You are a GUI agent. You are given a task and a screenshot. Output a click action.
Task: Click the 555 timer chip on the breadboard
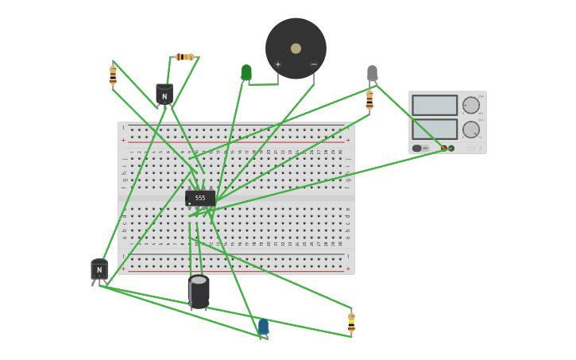(x=200, y=198)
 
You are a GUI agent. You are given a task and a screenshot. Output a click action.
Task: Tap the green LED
(x=246, y=73)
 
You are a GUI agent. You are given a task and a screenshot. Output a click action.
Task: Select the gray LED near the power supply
(x=372, y=74)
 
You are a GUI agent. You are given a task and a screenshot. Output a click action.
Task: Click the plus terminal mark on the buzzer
(x=278, y=64)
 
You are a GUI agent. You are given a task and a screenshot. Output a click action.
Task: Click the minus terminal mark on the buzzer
(x=313, y=64)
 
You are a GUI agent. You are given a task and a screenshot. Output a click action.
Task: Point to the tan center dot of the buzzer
(x=296, y=48)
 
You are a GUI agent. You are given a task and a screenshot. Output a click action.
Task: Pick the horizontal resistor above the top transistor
(x=184, y=57)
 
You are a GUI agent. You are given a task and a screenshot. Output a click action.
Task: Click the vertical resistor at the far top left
(x=113, y=75)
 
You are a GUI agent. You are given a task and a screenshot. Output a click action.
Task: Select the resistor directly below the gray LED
(x=369, y=99)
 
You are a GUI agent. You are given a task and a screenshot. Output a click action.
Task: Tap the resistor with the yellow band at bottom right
(x=351, y=322)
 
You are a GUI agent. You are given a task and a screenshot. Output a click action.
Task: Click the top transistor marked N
(x=164, y=95)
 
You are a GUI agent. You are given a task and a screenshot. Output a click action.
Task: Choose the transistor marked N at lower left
(x=99, y=269)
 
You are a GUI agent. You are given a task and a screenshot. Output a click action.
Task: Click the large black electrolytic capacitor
(x=199, y=292)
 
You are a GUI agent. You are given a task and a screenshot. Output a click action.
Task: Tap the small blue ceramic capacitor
(x=263, y=327)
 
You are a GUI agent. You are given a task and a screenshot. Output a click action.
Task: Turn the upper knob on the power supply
(x=471, y=105)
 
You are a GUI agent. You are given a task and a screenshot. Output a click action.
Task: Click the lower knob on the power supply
(x=471, y=130)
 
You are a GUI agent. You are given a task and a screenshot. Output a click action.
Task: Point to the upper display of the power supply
(x=435, y=105)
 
